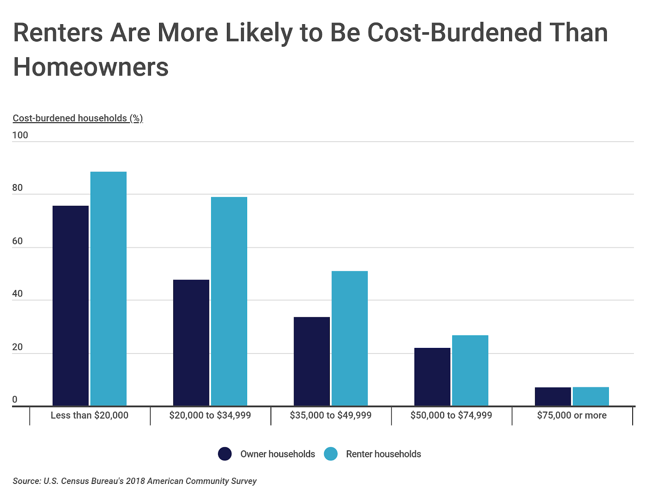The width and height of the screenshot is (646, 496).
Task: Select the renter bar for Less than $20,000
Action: pyautogui.click(x=108, y=289)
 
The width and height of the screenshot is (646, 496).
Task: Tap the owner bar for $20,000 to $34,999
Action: pyautogui.click(x=191, y=343)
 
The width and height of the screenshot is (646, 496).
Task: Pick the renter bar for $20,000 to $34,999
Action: pyautogui.click(x=229, y=301)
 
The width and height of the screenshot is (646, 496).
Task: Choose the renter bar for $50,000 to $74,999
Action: pyautogui.click(x=470, y=370)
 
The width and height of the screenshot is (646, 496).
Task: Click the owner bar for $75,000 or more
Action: pyautogui.click(x=553, y=396)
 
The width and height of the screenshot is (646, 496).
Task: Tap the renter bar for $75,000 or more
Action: pyautogui.click(x=591, y=396)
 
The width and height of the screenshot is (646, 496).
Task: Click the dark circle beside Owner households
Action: pyautogui.click(x=224, y=454)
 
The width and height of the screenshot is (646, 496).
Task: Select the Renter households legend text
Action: pyautogui.click(x=383, y=454)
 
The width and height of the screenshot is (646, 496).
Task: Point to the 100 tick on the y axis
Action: pyautogui.click(x=20, y=135)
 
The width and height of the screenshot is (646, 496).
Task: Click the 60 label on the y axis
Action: pyautogui.click(x=17, y=241)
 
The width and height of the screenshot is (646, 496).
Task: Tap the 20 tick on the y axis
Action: pyautogui.click(x=17, y=347)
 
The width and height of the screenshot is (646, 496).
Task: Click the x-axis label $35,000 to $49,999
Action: pyautogui.click(x=330, y=415)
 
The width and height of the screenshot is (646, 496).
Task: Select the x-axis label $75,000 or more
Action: pyautogui.click(x=572, y=415)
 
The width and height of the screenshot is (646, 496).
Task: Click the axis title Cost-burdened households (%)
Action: pyautogui.click(x=78, y=118)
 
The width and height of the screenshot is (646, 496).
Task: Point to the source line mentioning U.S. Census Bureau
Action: pyautogui.click(x=134, y=481)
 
